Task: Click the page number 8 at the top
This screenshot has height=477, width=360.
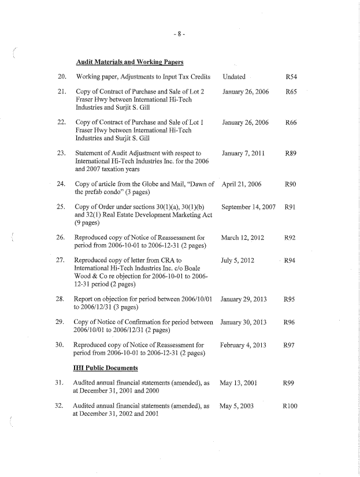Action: point(180,34)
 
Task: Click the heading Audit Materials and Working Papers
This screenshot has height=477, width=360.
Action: point(129,62)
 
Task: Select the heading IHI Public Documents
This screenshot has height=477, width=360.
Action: point(106,367)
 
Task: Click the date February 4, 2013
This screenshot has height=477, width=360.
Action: point(243,345)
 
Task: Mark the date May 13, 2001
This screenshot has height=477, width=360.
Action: point(238,383)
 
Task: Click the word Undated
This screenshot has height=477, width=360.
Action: point(233,77)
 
